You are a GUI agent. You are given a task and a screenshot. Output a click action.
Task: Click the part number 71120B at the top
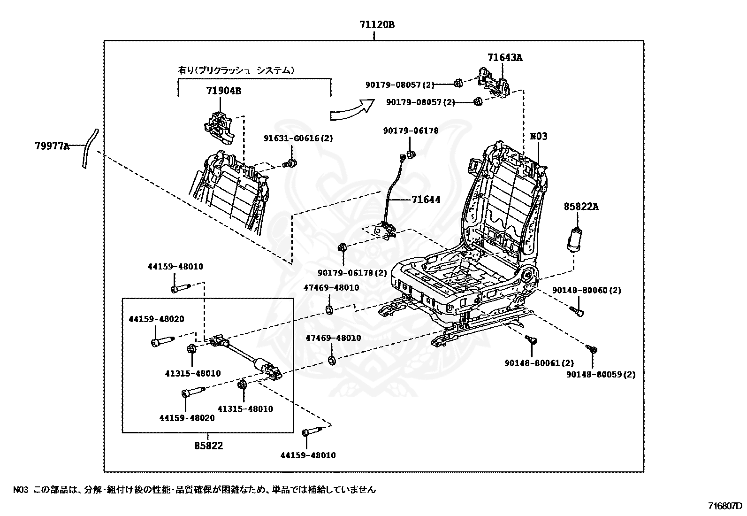(377, 25)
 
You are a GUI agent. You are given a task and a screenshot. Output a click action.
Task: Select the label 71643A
(505, 58)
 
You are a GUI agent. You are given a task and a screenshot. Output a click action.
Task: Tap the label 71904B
(224, 91)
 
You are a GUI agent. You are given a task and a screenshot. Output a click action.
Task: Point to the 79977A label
(53, 146)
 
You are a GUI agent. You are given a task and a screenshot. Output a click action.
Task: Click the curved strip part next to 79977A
(90, 148)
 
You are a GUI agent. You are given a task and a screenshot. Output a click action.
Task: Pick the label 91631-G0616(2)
(298, 138)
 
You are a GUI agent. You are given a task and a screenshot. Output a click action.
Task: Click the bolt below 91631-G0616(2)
(290, 164)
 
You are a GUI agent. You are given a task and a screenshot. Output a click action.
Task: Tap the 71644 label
(426, 200)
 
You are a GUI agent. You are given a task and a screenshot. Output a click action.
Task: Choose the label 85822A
(581, 207)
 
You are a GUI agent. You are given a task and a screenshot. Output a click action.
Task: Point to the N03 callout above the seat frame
(539, 137)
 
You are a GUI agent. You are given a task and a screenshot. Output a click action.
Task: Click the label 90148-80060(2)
(587, 290)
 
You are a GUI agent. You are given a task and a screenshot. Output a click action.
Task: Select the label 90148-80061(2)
(539, 363)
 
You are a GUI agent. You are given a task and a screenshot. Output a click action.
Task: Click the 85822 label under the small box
(209, 446)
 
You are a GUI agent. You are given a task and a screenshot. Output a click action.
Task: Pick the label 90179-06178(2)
(352, 273)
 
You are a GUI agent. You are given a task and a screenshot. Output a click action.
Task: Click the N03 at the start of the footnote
(21, 490)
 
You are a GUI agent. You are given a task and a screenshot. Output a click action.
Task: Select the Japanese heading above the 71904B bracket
(236, 70)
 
